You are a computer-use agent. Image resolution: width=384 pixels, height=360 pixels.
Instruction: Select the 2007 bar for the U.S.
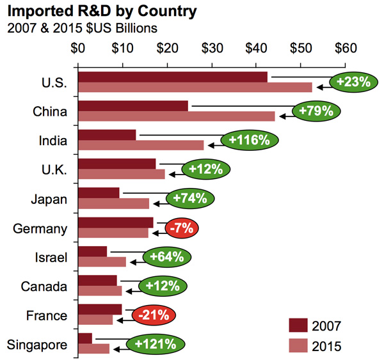coord(173,77)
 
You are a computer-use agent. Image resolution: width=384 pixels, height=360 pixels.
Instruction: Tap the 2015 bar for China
coord(177,116)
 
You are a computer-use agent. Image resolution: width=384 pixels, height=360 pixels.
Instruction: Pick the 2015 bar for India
coord(141,145)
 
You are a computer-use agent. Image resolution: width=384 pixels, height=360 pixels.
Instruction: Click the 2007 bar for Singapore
coord(85,338)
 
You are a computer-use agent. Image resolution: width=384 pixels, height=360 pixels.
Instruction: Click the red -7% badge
coord(183,228)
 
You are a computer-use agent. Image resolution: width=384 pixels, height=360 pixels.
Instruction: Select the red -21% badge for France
coord(154,315)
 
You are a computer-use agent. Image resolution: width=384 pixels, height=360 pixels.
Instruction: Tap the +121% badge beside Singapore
coord(155,344)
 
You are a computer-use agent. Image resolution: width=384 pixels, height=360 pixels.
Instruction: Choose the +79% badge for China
coord(317,111)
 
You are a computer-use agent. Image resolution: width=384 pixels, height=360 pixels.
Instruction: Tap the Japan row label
coord(49,199)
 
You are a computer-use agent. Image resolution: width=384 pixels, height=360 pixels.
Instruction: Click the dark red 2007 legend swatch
coord(300,325)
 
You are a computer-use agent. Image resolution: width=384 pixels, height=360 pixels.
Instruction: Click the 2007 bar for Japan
coord(99,193)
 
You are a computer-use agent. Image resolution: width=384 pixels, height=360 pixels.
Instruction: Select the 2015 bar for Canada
coord(100,291)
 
